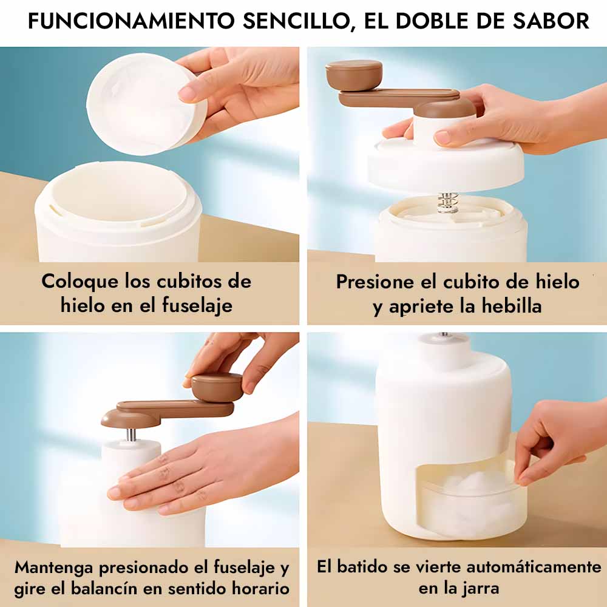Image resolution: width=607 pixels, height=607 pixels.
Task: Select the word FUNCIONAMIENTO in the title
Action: coord(131,21)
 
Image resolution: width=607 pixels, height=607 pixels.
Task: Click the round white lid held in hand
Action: coord(146,104)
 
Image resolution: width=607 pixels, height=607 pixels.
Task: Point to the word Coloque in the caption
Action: coord(80,282)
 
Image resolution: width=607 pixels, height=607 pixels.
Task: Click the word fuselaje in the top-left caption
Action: coord(197,305)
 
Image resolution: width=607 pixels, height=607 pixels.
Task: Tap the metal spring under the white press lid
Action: coord(447,202)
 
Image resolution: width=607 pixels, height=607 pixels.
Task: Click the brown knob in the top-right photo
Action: coord(353,75)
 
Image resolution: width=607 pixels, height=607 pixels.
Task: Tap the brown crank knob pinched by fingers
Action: coord(217,387)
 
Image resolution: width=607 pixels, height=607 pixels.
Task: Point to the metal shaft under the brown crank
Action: coord(131,435)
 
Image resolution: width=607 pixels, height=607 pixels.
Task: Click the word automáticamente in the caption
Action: coord(534,567)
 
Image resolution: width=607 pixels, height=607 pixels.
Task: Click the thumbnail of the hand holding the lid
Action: coord(149,154)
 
